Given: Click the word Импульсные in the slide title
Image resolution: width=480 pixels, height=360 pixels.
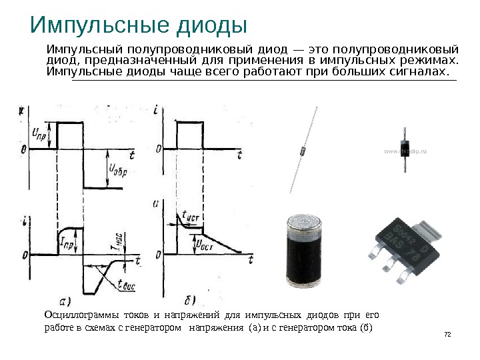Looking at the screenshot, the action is pos(91,26).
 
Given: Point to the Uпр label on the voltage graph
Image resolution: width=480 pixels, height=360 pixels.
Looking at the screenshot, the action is pos(39,133).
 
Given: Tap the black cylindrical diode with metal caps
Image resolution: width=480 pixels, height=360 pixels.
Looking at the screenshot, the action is pos(307,251).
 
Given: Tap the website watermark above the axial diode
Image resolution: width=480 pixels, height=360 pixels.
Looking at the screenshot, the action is pos(405,152).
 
